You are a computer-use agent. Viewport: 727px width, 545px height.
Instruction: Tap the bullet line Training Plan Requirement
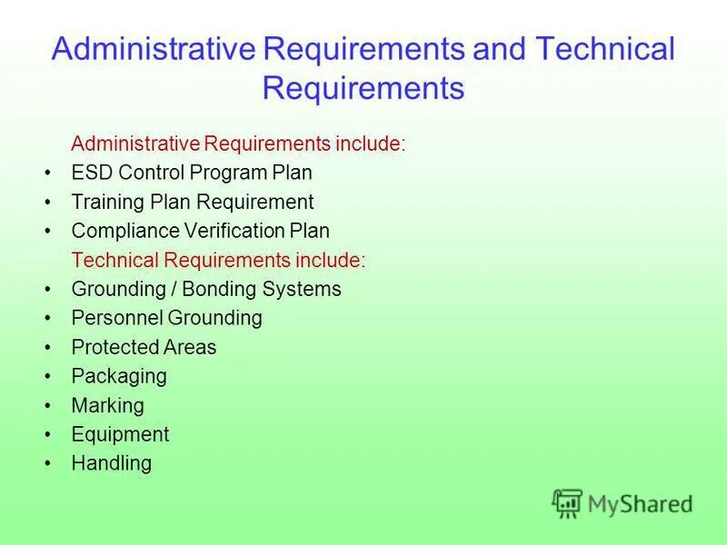click(192, 202)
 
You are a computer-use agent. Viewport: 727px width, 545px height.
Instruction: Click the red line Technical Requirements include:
click(218, 260)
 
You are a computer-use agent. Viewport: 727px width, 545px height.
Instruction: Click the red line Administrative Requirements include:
click(238, 144)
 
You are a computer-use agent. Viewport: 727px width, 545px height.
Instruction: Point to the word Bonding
click(219, 289)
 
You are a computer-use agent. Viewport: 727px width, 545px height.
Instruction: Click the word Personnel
click(116, 318)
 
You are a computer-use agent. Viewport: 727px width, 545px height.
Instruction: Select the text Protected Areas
click(144, 347)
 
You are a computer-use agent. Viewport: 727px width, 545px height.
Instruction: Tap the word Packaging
click(119, 376)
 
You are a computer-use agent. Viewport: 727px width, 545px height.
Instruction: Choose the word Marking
click(107, 405)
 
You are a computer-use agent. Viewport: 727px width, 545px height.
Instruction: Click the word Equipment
click(120, 434)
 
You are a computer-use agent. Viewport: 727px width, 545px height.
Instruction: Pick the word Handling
click(111, 463)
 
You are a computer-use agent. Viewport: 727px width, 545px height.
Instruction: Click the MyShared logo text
click(640, 503)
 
